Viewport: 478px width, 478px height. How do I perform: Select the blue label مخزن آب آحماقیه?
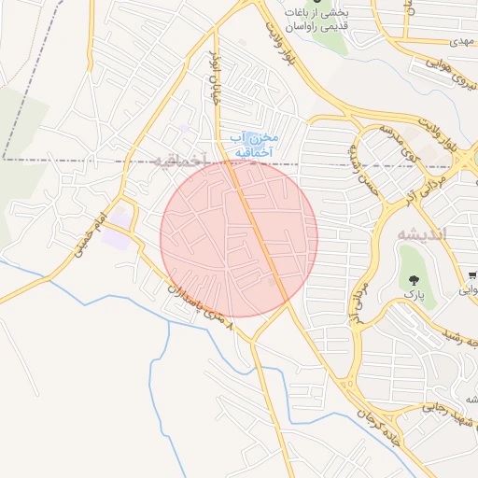pos(252,144)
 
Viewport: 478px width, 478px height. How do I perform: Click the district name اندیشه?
pos(421,232)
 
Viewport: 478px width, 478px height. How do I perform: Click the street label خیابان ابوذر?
pos(217,79)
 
